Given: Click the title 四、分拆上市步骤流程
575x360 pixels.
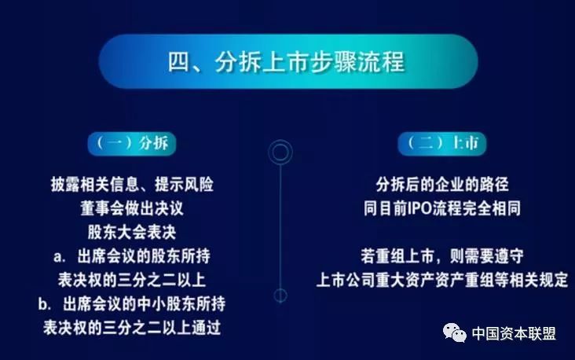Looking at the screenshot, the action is (x=287, y=61).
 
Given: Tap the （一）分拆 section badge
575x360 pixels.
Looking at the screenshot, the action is (x=132, y=143).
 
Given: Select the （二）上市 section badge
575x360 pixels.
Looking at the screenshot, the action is (x=442, y=143).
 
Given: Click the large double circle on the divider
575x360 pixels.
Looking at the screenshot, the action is (x=280, y=152).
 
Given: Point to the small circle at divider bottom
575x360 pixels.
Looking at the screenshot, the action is (x=280, y=296).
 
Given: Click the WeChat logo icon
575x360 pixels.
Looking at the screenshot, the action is (x=455, y=332).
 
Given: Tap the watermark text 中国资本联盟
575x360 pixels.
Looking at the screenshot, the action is (x=514, y=333).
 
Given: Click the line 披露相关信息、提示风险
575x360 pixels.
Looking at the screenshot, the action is (x=132, y=184).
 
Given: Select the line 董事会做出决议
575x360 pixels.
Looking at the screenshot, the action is (x=132, y=208).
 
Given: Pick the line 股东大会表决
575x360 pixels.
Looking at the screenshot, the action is (x=132, y=232).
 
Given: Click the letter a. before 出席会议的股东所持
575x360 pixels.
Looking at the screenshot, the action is (x=59, y=256).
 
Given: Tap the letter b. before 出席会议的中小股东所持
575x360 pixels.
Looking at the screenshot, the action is (x=44, y=304).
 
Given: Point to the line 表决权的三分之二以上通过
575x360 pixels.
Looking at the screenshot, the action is (x=132, y=327).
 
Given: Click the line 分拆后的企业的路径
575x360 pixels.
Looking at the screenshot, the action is (x=442, y=184).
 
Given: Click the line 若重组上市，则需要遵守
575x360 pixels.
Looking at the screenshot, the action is (x=442, y=255).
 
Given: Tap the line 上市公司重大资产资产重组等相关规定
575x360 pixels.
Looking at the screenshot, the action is (x=442, y=280).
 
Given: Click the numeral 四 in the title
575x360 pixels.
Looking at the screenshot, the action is (x=178, y=62).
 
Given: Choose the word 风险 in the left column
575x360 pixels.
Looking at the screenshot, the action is (x=199, y=184).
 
